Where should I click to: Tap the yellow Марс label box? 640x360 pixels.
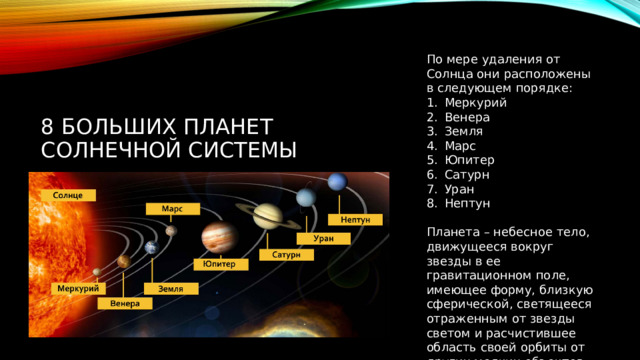[x=171, y=208]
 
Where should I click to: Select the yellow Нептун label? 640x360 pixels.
[x=355, y=219]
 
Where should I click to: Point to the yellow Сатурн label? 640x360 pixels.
[x=286, y=254]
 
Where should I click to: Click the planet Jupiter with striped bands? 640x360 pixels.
[x=218, y=237]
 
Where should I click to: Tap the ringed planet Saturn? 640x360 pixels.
[x=267, y=215]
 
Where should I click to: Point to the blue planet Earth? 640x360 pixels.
[x=151, y=247]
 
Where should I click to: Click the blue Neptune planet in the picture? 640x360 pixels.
[x=337, y=181]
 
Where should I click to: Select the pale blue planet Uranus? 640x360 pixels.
[x=305, y=197]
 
